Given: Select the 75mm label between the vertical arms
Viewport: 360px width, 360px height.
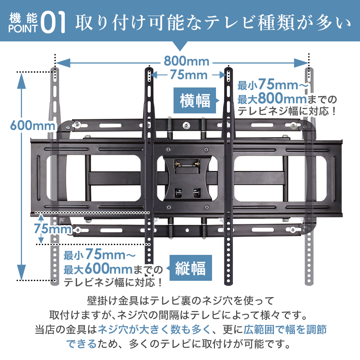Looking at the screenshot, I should point(189,75).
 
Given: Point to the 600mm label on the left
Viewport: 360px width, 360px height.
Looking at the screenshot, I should point(32,126).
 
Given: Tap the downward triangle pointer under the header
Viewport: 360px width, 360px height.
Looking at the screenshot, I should point(180,47).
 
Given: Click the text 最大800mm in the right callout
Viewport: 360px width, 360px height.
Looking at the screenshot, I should point(272,98).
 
